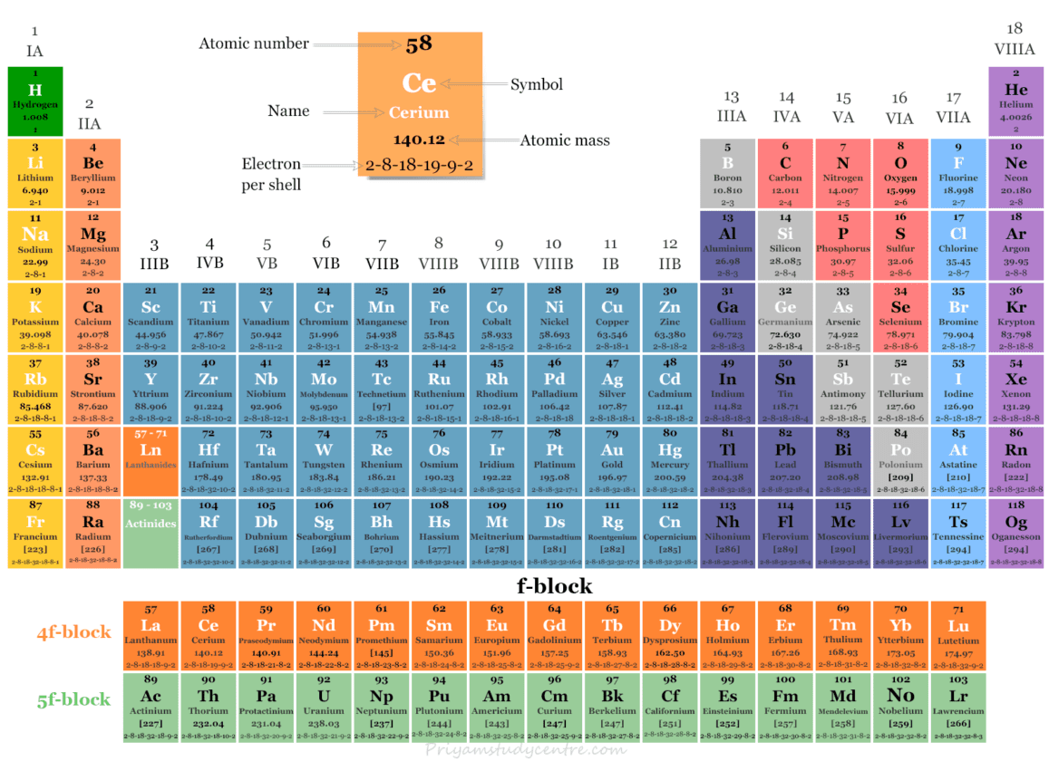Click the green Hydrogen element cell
coord(34,101)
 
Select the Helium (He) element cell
coord(1015,101)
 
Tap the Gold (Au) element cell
coord(612,460)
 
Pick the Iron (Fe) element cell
coord(439,317)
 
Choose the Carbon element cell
coord(785,173)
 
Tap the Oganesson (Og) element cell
coord(1015,533)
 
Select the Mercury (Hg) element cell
coord(669,460)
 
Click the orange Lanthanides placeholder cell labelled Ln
coord(151,460)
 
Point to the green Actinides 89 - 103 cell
coord(151,533)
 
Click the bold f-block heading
coord(554,586)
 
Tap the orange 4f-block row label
coord(73,631)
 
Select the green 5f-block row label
coord(73,699)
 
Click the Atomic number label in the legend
coord(254,43)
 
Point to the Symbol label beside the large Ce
coord(536,84)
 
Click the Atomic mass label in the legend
coord(564,140)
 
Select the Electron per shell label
coord(271,174)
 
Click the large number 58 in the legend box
coord(419,44)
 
